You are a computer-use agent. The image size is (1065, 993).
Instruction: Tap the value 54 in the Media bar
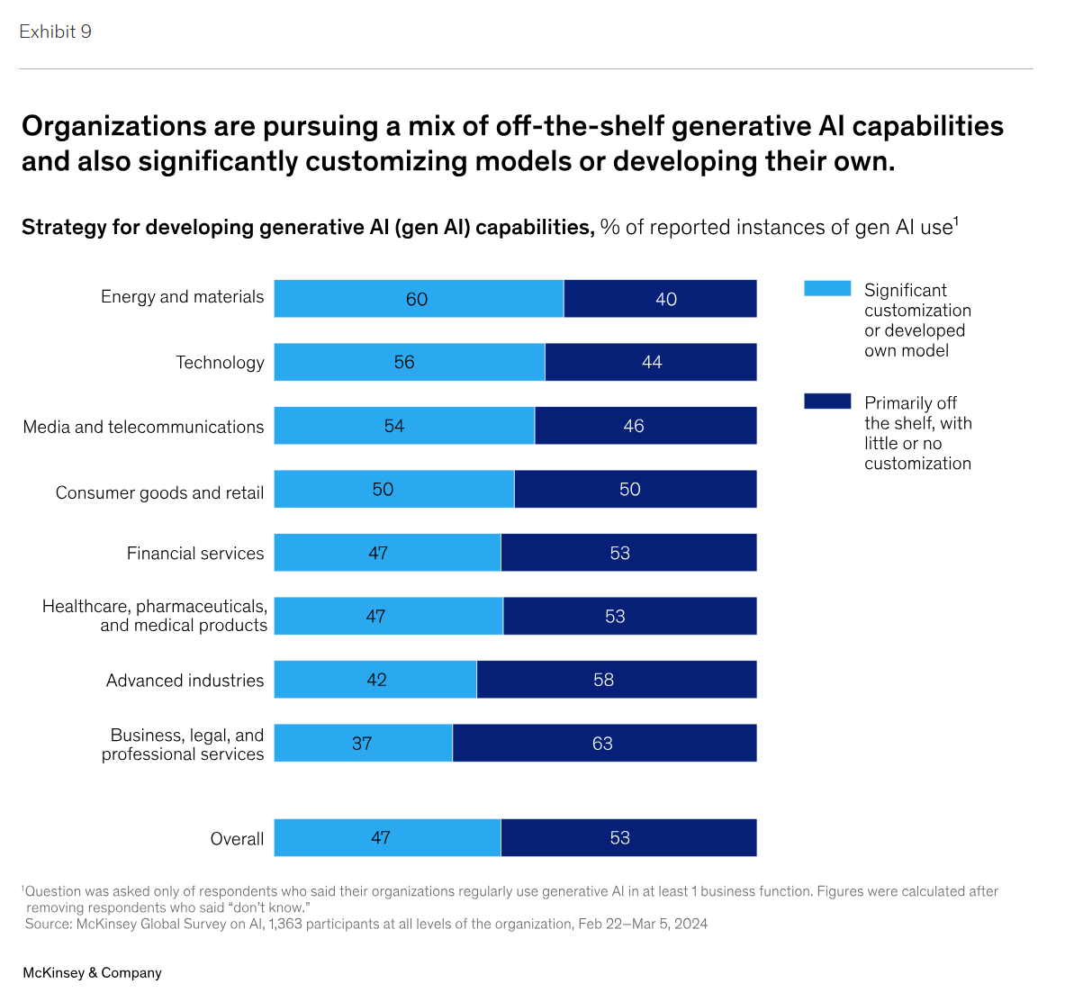394,426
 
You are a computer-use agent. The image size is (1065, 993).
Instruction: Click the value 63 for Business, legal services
602,744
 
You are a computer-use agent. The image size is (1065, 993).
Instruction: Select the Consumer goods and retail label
159,492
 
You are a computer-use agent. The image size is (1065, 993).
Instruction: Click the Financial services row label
195,554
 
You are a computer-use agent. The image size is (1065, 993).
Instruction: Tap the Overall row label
237,839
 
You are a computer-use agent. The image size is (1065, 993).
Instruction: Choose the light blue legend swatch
827,288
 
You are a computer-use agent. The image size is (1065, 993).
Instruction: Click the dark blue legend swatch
827,402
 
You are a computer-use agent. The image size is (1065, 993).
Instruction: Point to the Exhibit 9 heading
55,32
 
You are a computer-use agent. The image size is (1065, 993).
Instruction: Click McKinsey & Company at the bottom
92,973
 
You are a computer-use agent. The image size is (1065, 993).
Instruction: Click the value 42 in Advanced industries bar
376,680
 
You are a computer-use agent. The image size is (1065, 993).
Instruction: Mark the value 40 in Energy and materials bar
666,299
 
